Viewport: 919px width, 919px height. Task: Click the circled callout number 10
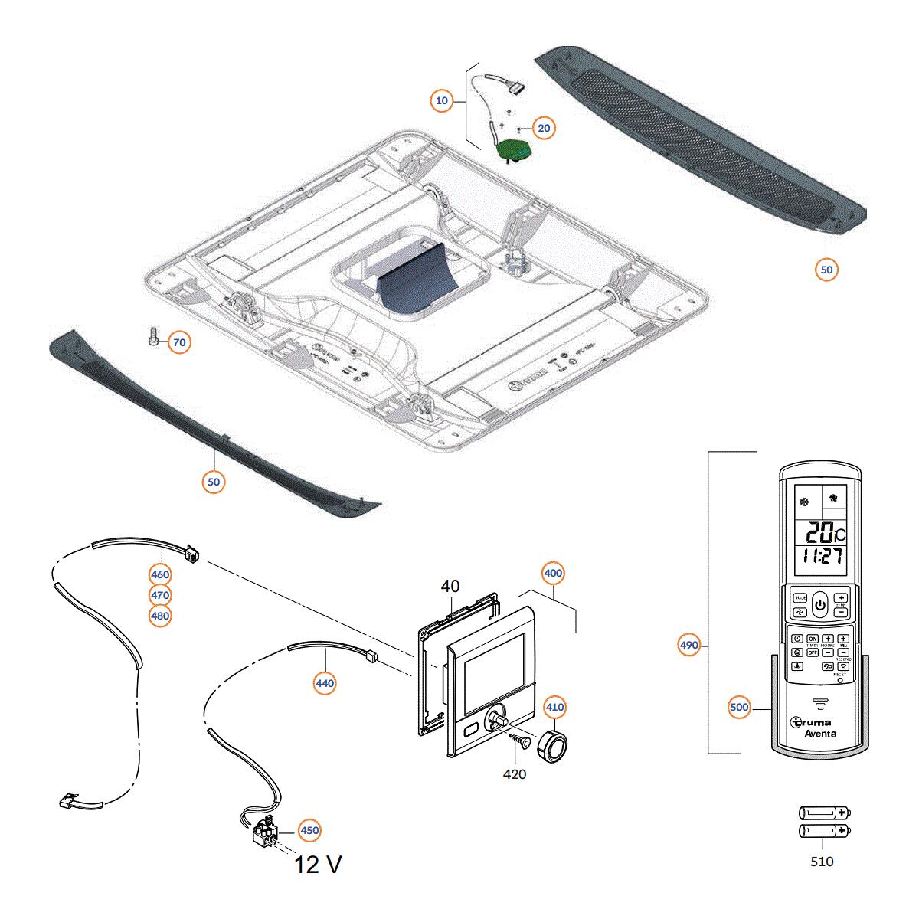pyautogui.click(x=442, y=100)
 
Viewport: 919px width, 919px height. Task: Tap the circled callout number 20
pyautogui.click(x=544, y=128)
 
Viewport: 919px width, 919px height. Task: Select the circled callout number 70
pyautogui.click(x=178, y=342)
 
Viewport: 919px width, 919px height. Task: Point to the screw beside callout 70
pyautogui.click(x=152, y=336)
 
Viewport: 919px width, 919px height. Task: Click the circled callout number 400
pyautogui.click(x=553, y=573)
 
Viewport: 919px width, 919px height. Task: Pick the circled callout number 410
pyautogui.click(x=555, y=707)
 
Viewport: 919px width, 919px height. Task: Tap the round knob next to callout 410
pyautogui.click(x=552, y=744)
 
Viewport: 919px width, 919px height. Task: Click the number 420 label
pyautogui.click(x=514, y=774)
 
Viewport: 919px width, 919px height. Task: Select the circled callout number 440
pyautogui.click(x=325, y=682)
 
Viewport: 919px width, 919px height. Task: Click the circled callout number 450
pyautogui.click(x=309, y=830)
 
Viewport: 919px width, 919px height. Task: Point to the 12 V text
pyautogui.click(x=319, y=865)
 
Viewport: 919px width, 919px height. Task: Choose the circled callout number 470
pyautogui.click(x=160, y=595)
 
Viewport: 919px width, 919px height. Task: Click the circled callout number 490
pyautogui.click(x=689, y=645)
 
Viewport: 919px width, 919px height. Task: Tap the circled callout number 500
pyautogui.click(x=739, y=708)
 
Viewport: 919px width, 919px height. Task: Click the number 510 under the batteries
pyautogui.click(x=821, y=862)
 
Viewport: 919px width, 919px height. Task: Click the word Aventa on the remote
pyautogui.click(x=820, y=734)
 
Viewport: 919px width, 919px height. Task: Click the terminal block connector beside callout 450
pyautogui.click(x=265, y=831)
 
